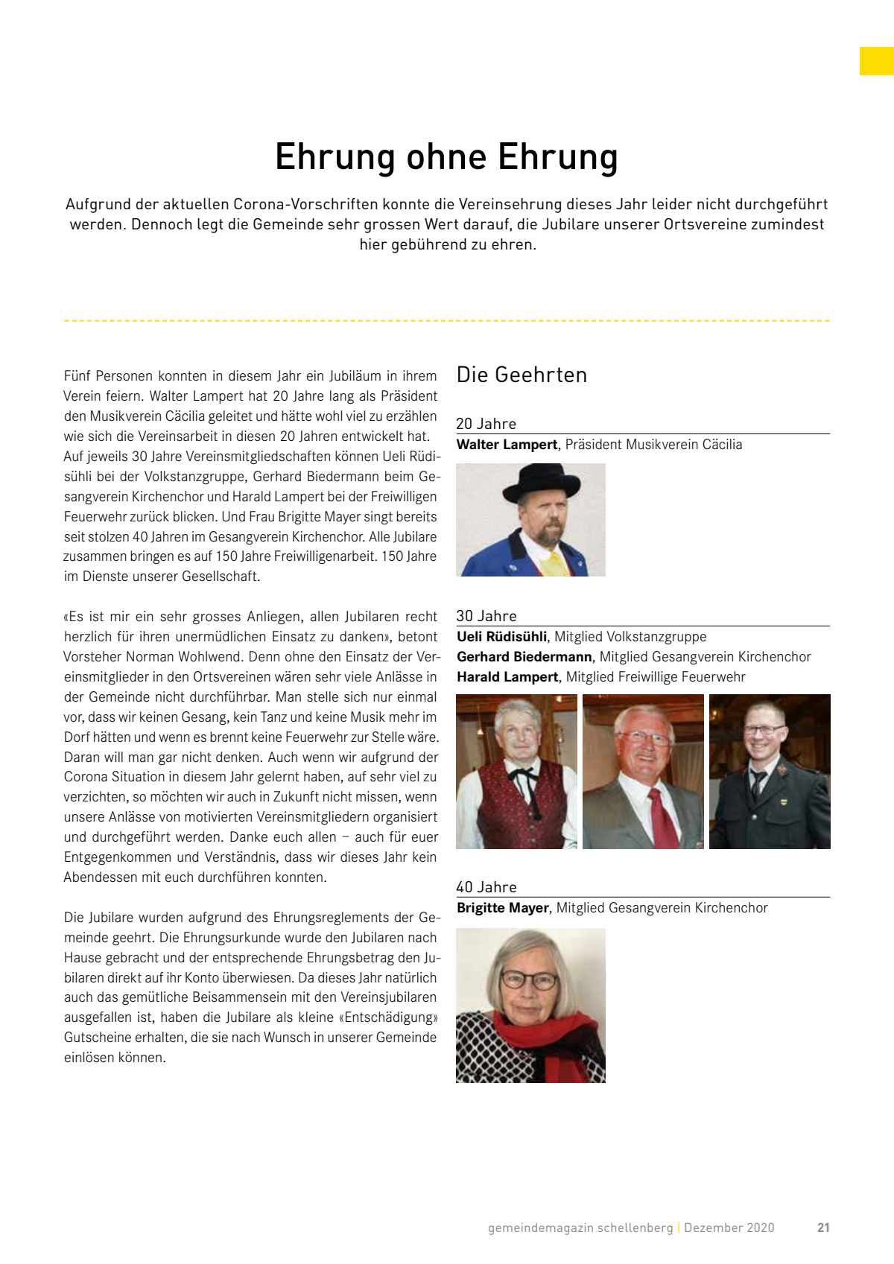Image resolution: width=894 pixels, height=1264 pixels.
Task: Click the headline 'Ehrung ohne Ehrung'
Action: click(x=446, y=157)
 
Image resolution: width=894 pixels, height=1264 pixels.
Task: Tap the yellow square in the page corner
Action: click(x=876, y=61)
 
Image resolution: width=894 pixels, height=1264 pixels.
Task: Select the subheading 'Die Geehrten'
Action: click(x=521, y=375)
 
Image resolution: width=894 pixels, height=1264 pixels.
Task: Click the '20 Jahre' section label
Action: click(x=486, y=424)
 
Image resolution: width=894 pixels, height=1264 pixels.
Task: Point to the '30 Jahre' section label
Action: click(x=486, y=616)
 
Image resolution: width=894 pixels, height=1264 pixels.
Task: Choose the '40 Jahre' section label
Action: click(x=486, y=887)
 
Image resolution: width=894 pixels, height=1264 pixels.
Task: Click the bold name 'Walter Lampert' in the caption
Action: click(x=507, y=445)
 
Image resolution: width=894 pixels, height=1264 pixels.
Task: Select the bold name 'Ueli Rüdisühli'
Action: click(x=501, y=637)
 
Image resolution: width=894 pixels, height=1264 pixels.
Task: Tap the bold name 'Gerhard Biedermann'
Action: click(x=524, y=657)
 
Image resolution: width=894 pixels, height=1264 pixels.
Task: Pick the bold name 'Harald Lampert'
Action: click(x=507, y=677)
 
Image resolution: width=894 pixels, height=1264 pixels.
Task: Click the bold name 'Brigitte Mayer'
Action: click(x=503, y=908)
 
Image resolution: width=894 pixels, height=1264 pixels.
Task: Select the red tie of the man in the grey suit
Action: click(x=662, y=818)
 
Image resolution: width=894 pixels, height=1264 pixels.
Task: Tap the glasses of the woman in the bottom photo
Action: click(x=529, y=980)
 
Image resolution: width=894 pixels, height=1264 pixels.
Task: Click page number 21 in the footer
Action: click(x=823, y=1228)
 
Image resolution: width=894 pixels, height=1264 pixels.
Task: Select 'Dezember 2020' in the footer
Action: click(x=729, y=1228)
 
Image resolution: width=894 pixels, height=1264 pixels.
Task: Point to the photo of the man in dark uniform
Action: click(x=770, y=772)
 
